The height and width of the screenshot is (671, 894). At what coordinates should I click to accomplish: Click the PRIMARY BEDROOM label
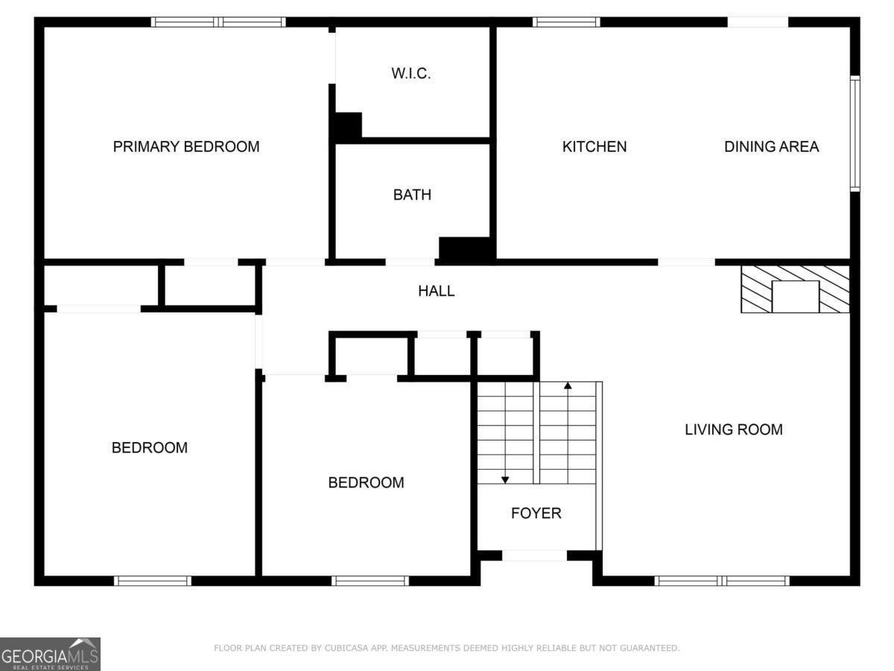[x=186, y=147]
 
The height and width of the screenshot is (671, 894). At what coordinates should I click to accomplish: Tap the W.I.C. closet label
[x=411, y=74]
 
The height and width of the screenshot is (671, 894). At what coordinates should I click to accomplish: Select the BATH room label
[x=412, y=195]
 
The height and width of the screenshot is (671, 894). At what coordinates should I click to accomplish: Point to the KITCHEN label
[x=594, y=147]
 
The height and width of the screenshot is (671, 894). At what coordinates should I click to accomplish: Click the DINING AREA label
[x=771, y=147]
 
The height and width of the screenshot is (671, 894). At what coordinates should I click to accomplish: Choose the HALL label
[x=436, y=292]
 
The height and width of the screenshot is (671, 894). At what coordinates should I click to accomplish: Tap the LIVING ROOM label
[x=733, y=429]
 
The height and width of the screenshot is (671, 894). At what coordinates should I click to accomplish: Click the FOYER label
[x=536, y=513]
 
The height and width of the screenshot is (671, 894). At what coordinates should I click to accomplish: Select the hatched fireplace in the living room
[x=795, y=289]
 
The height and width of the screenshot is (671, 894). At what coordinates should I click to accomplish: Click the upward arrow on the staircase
[x=568, y=386]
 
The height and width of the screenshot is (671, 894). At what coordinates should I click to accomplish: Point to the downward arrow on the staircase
[x=505, y=479]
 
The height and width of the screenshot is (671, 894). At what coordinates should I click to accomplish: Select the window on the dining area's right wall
[x=855, y=133]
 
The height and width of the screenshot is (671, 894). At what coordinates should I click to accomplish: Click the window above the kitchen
[x=566, y=22]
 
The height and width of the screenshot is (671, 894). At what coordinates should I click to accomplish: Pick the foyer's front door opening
[x=534, y=555]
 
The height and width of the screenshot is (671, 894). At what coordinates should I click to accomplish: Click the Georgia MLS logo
[x=50, y=654]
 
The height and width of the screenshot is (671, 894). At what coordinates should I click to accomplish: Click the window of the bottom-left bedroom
[x=153, y=581]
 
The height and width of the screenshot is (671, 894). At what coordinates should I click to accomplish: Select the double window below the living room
[x=721, y=581]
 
